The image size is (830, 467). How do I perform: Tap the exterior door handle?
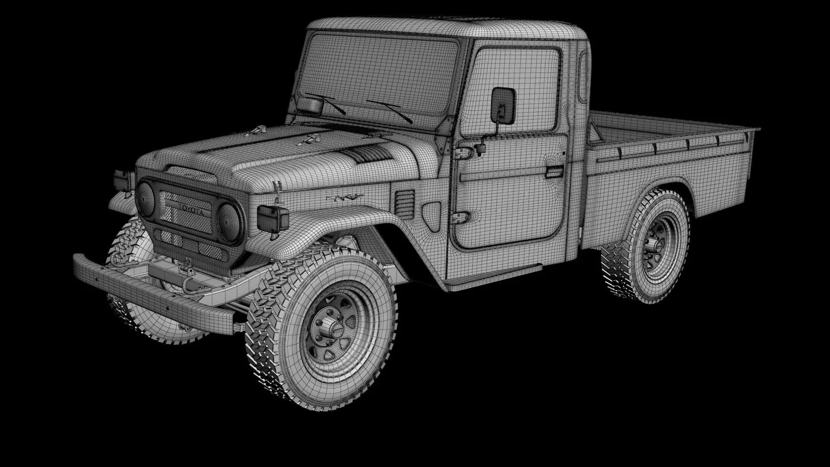554,172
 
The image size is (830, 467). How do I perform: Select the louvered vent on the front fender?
405,203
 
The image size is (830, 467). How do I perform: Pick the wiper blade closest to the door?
389,110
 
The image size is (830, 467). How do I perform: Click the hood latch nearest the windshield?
311,139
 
